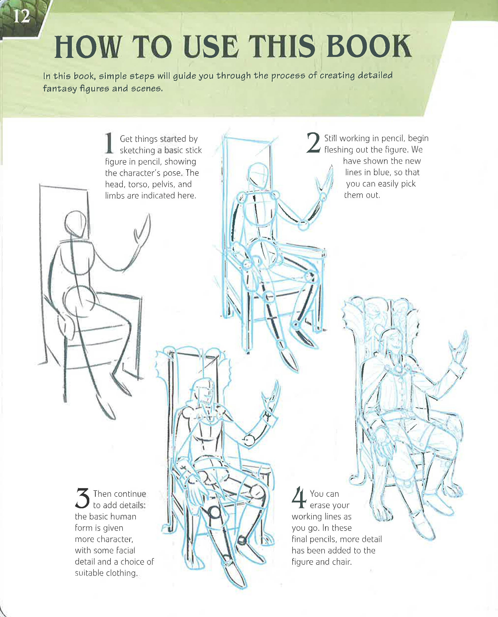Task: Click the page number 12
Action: pyautogui.click(x=22, y=16)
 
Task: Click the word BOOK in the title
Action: pyautogui.click(x=369, y=47)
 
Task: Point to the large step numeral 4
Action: pyautogui.click(x=299, y=497)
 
